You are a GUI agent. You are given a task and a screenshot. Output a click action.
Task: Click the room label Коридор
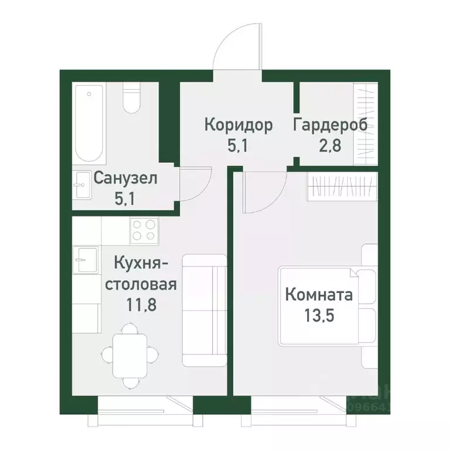pos(238,125)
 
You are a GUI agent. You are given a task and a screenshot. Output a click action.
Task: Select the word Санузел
pos(125,178)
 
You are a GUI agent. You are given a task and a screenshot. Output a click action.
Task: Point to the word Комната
pos(319,295)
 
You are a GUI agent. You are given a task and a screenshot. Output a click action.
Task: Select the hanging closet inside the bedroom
pos(340,187)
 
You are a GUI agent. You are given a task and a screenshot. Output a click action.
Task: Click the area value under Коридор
pos(238,145)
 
